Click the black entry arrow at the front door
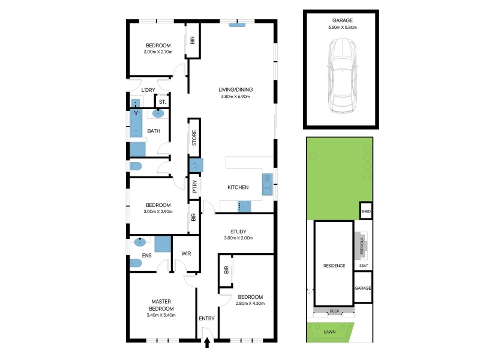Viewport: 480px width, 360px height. pyautogui.click(x=207, y=343)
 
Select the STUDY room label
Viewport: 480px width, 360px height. pyautogui.click(x=238, y=232)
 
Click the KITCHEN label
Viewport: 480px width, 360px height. pyautogui.click(x=238, y=187)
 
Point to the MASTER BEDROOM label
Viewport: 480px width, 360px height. pyautogui.click(x=161, y=305)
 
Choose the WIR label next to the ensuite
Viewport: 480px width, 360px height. pyautogui.click(x=186, y=253)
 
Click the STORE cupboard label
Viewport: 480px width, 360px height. pyautogui.click(x=194, y=138)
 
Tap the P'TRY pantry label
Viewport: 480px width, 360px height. pyautogui.click(x=194, y=187)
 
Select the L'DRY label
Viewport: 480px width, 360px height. pyautogui.click(x=148, y=90)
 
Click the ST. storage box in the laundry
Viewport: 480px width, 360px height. pyautogui.click(x=162, y=101)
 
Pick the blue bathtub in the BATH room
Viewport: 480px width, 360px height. pyautogui.click(x=136, y=123)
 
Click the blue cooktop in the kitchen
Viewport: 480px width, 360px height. pyautogui.click(x=244, y=206)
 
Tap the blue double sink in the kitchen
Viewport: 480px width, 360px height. pyautogui.click(x=267, y=184)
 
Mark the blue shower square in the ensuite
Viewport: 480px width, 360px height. pyautogui.click(x=162, y=244)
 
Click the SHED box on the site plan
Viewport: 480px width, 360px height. pyautogui.click(x=366, y=211)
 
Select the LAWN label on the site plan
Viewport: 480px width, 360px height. pyautogui.click(x=329, y=332)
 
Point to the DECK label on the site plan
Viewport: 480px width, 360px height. pyautogui.click(x=334, y=311)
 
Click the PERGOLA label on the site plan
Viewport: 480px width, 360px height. pyautogui.click(x=362, y=245)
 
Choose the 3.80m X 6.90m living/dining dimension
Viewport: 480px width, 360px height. pyautogui.click(x=235, y=97)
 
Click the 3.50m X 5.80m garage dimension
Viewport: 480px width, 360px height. pyautogui.click(x=343, y=27)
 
